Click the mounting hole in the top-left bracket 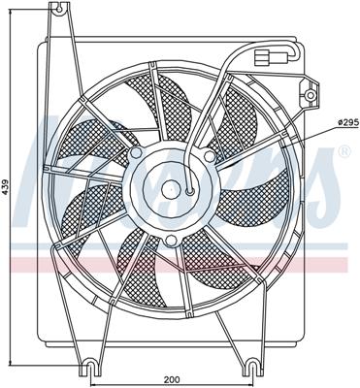pos(64,12)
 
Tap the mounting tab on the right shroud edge pos(311,92)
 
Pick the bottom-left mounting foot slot pos(90,368)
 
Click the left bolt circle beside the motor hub pos(136,155)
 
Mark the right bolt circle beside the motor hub pos(211,154)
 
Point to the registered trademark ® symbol pos(343,153)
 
